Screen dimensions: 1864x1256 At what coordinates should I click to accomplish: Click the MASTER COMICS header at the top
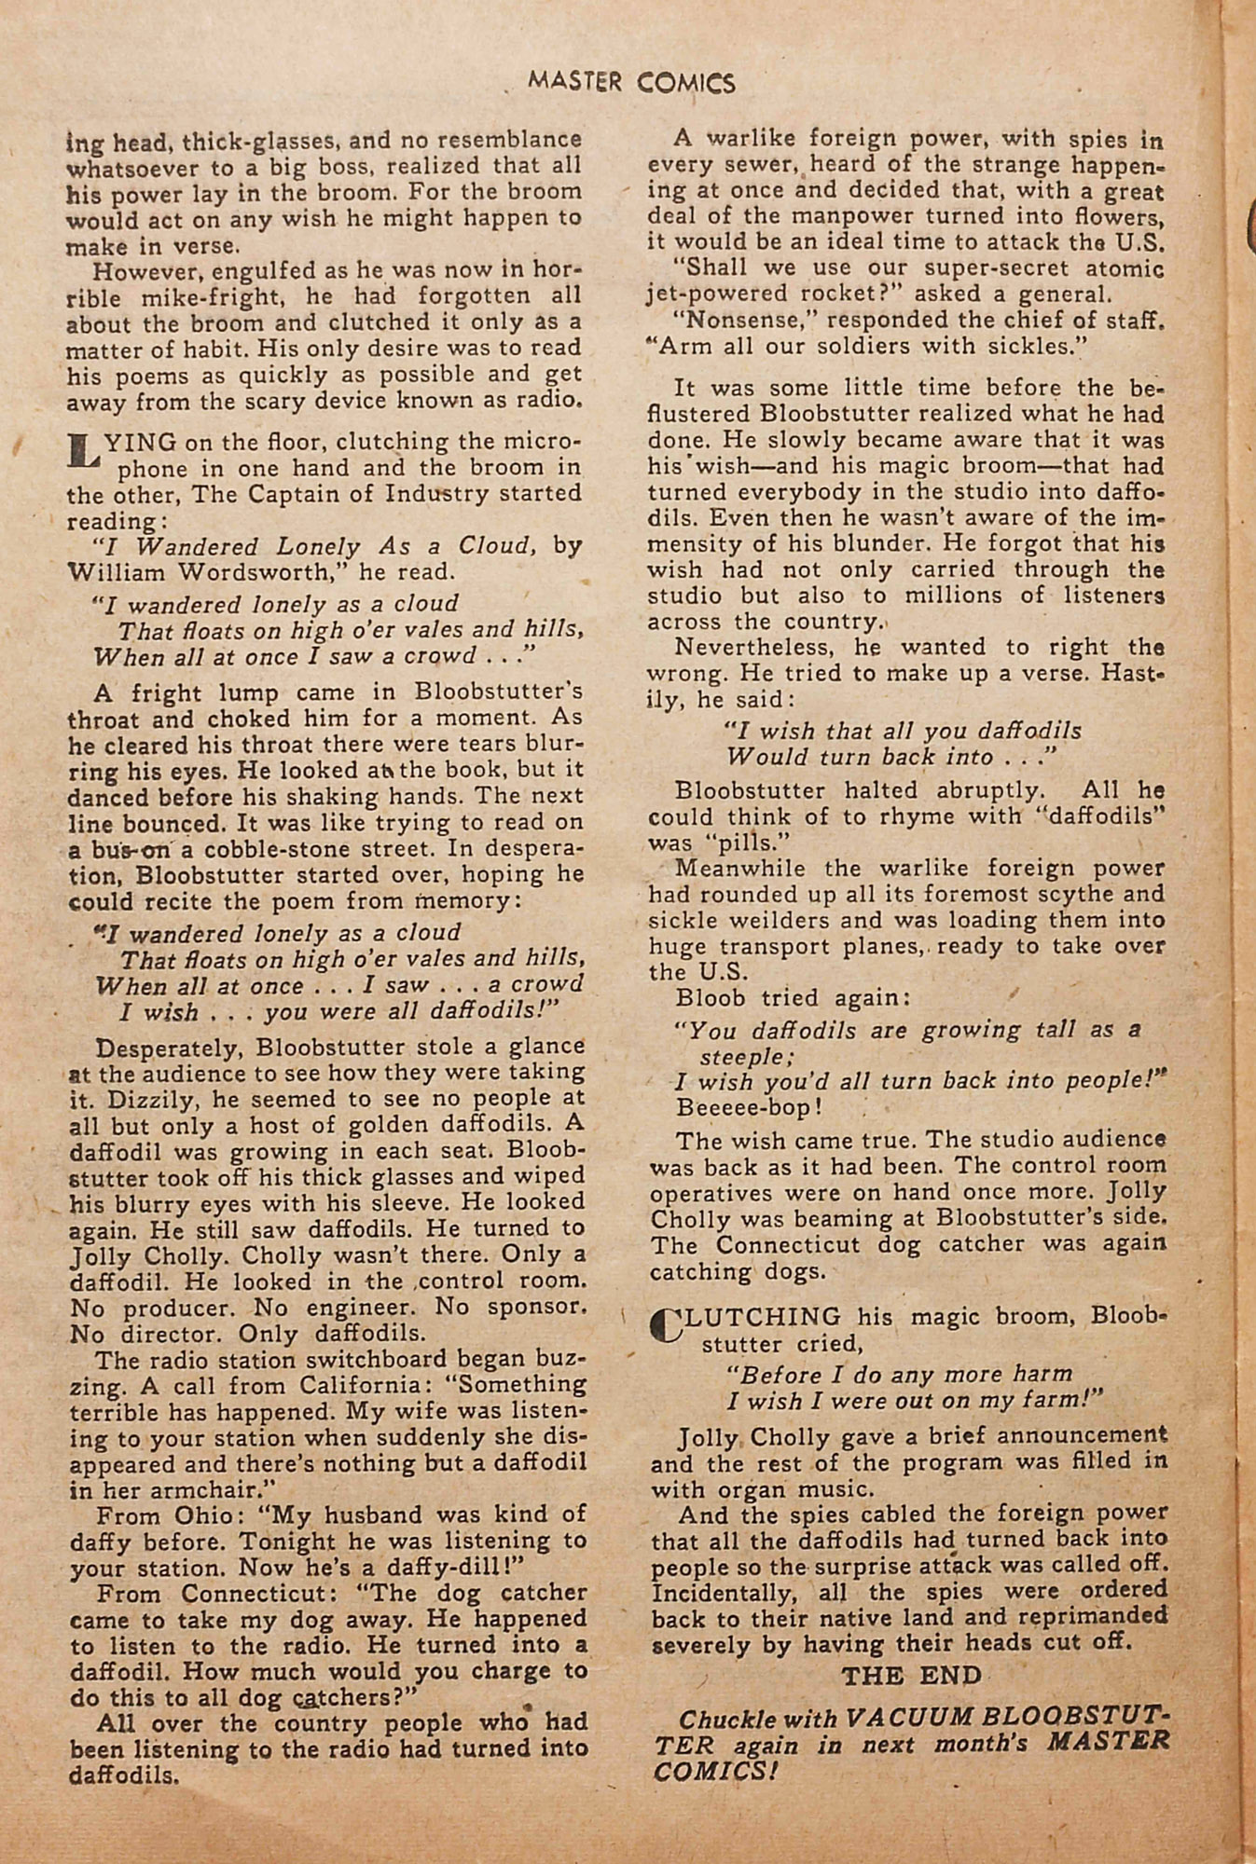(x=631, y=82)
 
